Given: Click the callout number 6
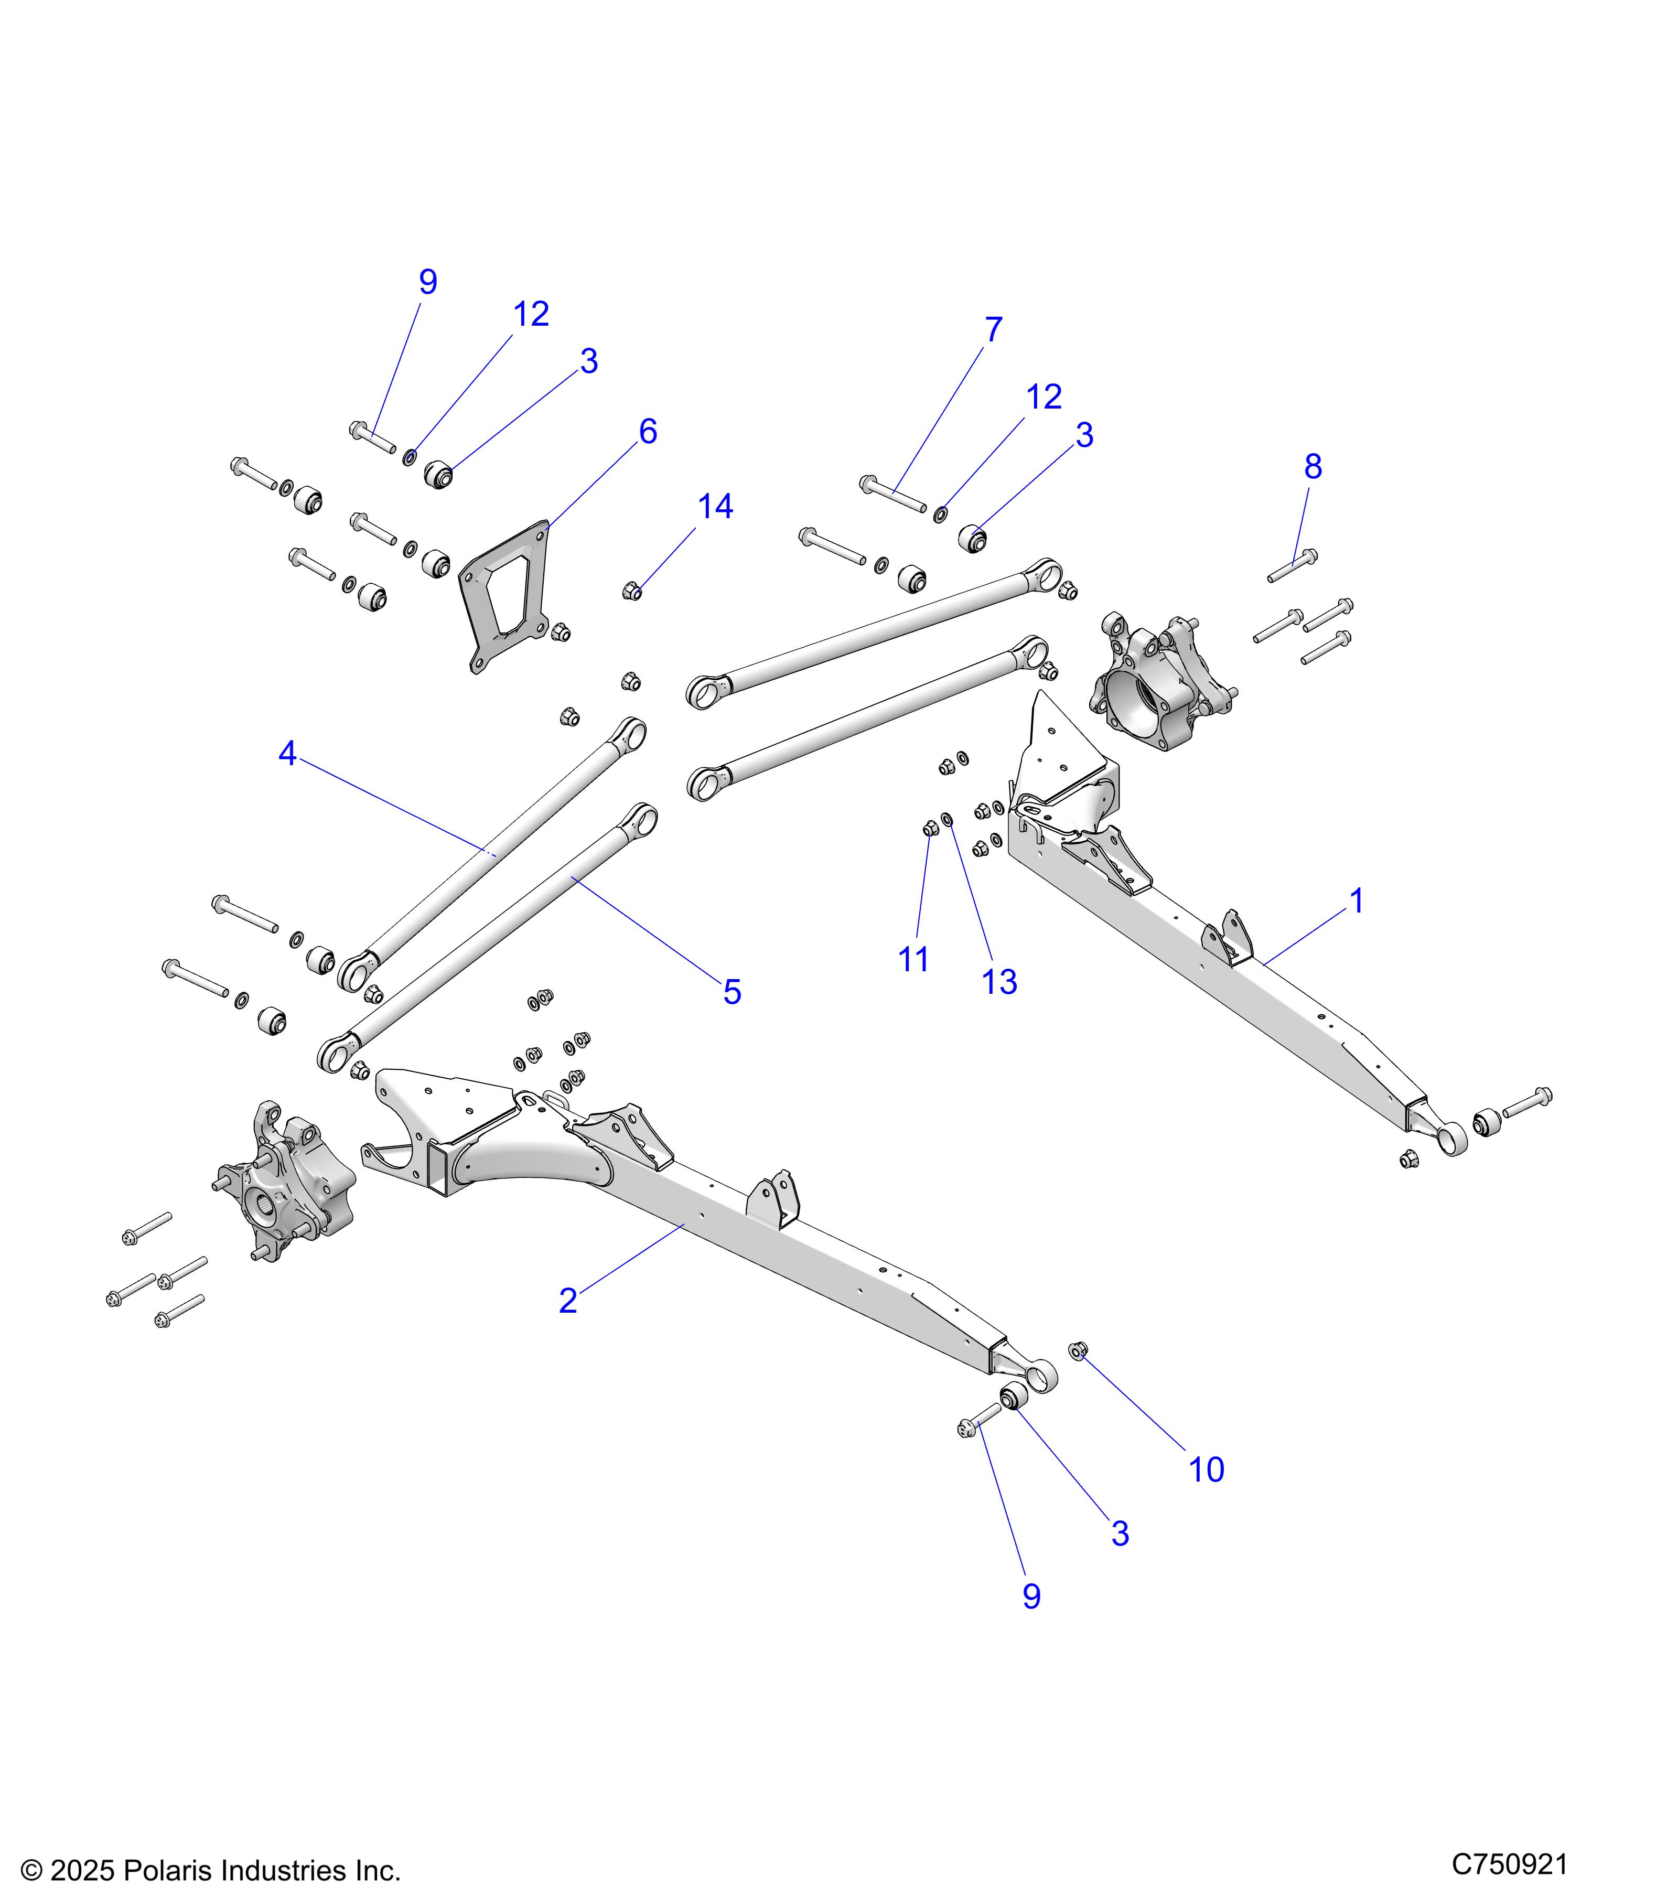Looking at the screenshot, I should [x=648, y=432].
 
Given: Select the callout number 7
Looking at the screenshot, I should [x=993, y=330].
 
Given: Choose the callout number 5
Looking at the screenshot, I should [x=732, y=993].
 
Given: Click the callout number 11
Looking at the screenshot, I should [x=913, y=960].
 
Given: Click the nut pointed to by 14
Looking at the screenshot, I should [x=632, y=590].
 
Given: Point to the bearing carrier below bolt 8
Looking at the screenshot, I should [x=1159, y=681].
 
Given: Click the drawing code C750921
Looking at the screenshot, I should [x=1509, y=1864].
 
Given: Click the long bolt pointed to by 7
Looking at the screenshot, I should [x=892, y=494].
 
